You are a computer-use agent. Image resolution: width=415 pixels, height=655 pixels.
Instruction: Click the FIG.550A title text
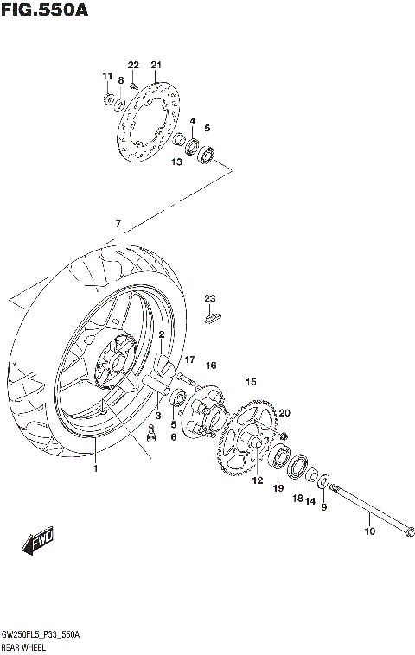tap(42, 11)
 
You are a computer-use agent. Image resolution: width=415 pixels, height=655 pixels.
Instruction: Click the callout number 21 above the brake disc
tap(156, 65)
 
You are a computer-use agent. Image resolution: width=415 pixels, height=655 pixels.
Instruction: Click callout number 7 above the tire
tap(118, 226)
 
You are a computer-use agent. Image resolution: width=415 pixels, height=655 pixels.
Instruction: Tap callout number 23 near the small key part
tap(209, 298)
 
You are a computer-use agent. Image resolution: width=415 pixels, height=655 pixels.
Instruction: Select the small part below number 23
tap(212, 317)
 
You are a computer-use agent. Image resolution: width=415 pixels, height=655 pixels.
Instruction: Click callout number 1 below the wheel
tap(96, 468)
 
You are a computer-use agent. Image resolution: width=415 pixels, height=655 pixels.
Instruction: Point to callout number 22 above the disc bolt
tap(133, 65)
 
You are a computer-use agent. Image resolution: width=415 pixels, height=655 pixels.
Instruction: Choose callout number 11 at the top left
tap(107, 77)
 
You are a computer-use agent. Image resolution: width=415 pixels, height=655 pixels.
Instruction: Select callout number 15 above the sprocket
tap(251, 381)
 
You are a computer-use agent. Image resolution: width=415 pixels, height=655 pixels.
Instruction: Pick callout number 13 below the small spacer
tap(176, 162)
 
